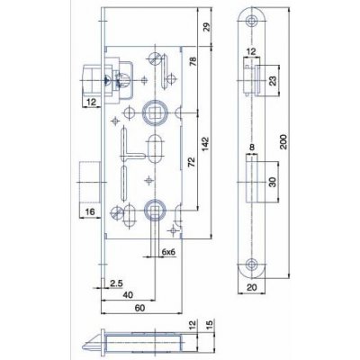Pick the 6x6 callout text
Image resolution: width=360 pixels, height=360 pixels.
click(x=167, y=253)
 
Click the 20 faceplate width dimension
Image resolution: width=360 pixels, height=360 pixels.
click(x=253, y=287)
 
